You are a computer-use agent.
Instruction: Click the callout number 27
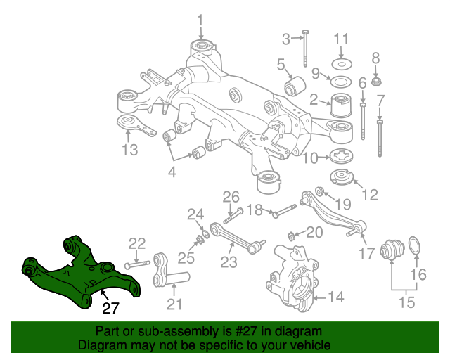(x=110, y=307)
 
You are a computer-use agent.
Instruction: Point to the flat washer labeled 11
(x=341, y=55)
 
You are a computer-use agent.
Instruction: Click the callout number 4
(x=171, y=172)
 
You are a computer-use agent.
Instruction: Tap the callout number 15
(x=406, y=303)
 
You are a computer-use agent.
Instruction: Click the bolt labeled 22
(x=139, y=264)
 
